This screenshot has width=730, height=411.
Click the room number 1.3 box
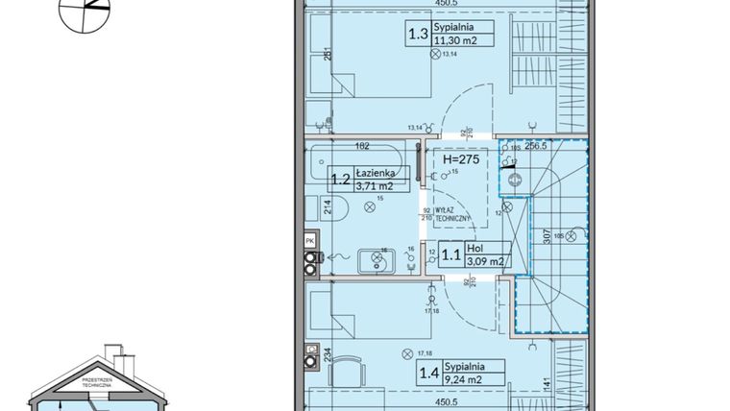pyautogui.click(x=419, y=36)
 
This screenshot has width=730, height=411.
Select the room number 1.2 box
pyautogui.click(x=340, y=179)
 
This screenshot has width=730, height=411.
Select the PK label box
pyautogui.click(x=309, y=240)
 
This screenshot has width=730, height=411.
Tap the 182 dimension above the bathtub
pyautogui.click(x=363, y=145)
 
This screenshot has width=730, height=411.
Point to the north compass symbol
pyautogui.click(x=85, y=12)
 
